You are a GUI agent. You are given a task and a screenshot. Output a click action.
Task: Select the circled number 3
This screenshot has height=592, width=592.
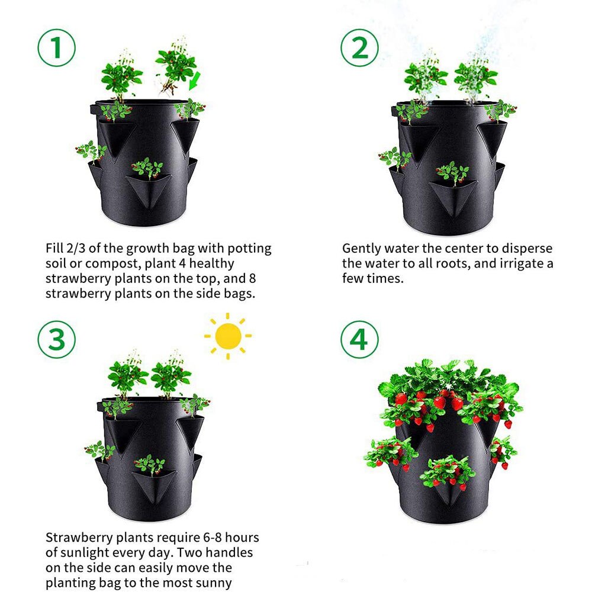pyautogui.click(x=57, y=339)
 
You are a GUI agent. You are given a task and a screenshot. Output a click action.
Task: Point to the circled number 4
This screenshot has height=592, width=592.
pyautogui.click(x=359, y=339)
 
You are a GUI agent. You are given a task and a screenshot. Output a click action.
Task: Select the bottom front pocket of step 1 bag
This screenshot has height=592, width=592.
pyautogui.click(x=147, y=189)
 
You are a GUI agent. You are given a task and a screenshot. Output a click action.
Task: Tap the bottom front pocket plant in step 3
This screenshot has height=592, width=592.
pyautogui.click(x=149, y=465)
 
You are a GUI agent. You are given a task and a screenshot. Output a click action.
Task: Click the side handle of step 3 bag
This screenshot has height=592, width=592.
pyautogui.click(x=99, y=408)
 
